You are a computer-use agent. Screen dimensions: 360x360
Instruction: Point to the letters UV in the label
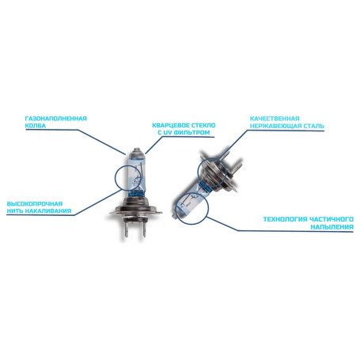point(165,134)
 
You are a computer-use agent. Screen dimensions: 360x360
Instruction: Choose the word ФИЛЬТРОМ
point(189,134)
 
